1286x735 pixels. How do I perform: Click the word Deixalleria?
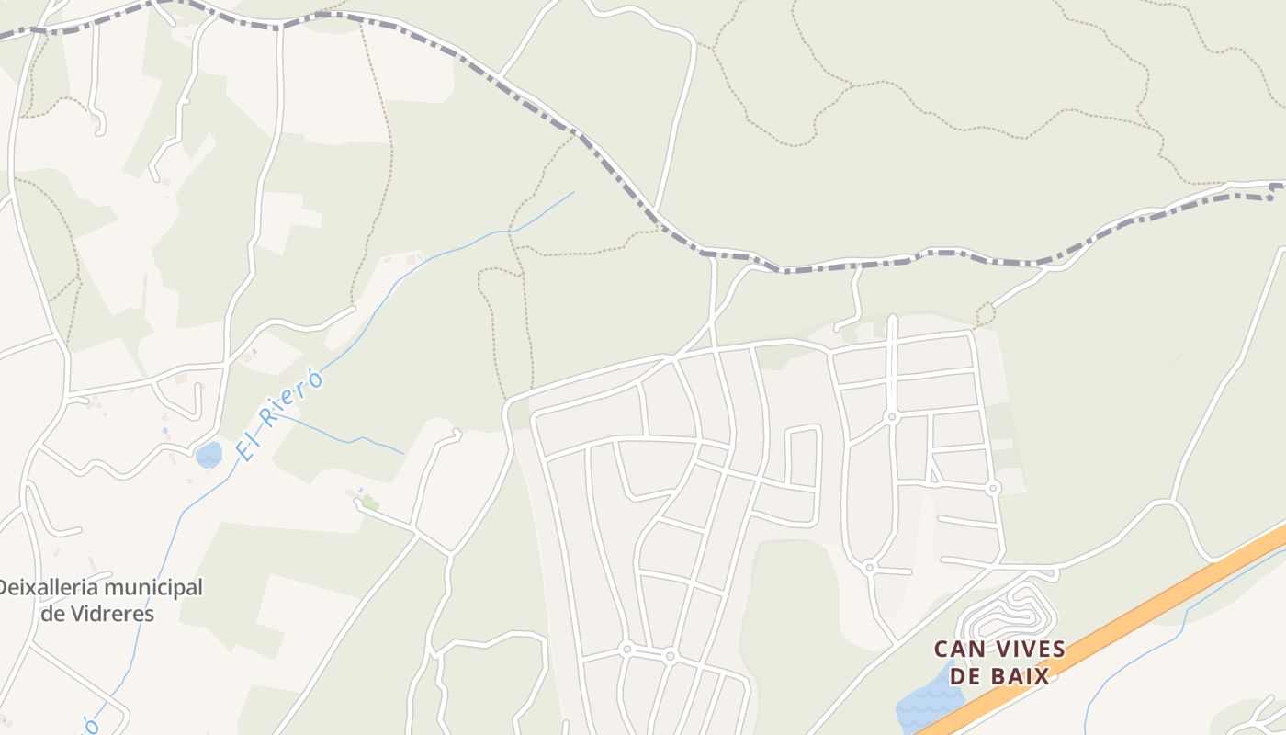pos(42,588)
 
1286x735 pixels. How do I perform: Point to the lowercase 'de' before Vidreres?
pos(52,614)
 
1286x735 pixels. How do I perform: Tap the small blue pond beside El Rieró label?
pos(209,455)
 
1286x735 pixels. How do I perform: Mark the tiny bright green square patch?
pos(370,503)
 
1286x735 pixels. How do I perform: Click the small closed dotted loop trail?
pos(985,315)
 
